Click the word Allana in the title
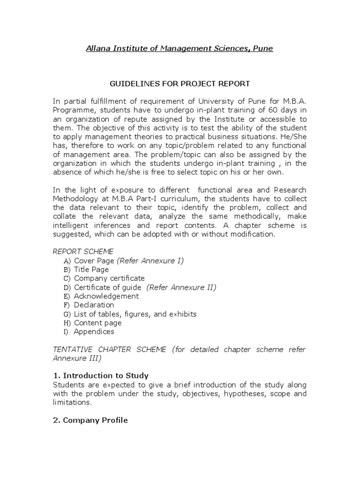97,48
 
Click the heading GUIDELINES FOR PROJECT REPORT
180,84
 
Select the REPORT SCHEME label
82,252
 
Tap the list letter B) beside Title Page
67,270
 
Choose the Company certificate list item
109,278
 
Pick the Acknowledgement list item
106,296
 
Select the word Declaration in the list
94,305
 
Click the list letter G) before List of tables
67,314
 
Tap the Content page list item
97,323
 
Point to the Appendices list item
94,332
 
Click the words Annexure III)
76,359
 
